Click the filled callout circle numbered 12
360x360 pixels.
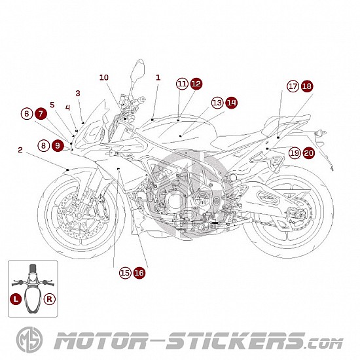pos(196,84)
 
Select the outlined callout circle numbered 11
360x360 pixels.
pos(182,84)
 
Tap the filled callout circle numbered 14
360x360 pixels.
pos(231,103)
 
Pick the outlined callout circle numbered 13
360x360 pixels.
pos(217,103)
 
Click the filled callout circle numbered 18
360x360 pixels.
pos(307,86)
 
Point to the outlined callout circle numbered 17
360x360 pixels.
pos(293,86)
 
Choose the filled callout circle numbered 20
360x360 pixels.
pos(308,153)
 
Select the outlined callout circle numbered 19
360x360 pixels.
pos(295,153)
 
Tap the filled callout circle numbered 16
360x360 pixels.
pos(139,273)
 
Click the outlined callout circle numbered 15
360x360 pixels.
pos(125,273)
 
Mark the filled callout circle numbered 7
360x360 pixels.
pos(41,114)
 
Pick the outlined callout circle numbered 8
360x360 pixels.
pos(44,145)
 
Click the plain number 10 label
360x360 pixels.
pos(104,77)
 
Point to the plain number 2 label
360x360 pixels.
pos(20,150)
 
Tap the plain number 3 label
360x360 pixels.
pos(78,93)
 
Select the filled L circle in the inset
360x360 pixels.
pos(16,299)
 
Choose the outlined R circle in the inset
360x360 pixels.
pos(50,299)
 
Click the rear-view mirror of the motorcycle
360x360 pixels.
pos(137,70)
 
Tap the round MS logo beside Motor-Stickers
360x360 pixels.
pos(29,340)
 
